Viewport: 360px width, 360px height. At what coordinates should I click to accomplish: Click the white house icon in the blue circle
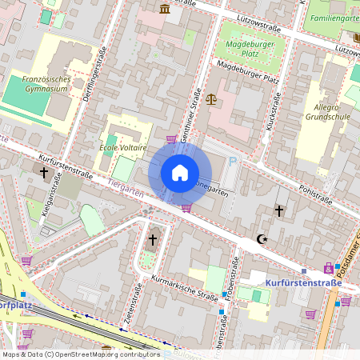(180, 173)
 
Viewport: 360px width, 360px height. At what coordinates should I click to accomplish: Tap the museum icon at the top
(165, 8)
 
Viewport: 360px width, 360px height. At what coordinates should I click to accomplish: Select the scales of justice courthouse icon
(211, 99)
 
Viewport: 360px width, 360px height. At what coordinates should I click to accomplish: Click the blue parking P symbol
(234, 162)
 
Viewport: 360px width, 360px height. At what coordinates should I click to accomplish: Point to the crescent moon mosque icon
(260, 238)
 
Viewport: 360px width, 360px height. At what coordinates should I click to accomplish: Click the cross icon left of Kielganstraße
(45, 173)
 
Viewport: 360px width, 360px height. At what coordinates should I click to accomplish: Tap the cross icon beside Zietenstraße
(152, 239)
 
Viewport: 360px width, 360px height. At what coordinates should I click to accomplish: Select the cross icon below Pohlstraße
(279, 211)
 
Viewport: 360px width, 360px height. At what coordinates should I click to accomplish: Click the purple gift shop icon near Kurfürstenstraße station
(328, 267)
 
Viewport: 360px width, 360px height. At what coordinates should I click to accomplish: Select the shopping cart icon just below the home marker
(186, 208)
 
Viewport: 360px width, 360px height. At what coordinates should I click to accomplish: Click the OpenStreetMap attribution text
(80, 354)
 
